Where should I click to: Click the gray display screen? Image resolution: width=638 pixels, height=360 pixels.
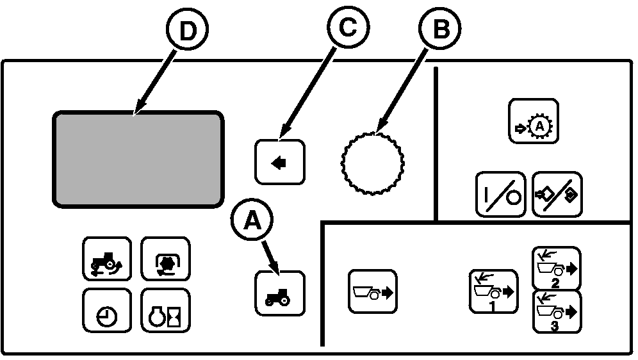[138, 158]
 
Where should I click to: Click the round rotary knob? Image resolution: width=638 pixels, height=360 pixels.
[372, 163]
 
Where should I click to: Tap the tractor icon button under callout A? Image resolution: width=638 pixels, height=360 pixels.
[280, 294]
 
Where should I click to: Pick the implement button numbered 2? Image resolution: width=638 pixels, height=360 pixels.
[557, 268]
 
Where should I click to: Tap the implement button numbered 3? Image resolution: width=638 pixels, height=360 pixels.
[557, 312]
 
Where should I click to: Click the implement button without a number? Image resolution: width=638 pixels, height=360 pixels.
[372, 291]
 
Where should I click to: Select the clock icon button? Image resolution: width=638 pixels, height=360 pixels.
[107, 311]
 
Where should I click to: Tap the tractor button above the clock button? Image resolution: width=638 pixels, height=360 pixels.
[107, 259]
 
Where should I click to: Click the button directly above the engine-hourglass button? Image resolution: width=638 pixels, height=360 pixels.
[165, 259]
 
